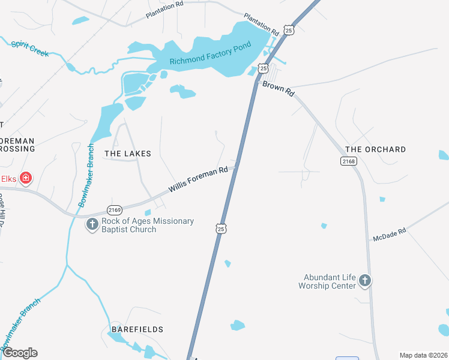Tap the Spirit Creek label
[29, 49]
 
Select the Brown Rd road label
[279, 89]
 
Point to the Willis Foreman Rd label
[198, 179]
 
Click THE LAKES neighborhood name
[128, 154]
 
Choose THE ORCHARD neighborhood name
[376, 149]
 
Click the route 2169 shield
[115, 209]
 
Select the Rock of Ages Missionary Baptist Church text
[148, 225]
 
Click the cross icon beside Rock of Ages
[92, 225]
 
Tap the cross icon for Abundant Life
[365, 280]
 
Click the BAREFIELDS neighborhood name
[137, 329]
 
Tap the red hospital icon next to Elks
[26, 178]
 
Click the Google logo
[20, 353]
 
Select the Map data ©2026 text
[423, 355]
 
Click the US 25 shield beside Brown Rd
[264, 69]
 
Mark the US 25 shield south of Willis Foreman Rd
[221, 229]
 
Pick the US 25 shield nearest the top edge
[289, 29]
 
